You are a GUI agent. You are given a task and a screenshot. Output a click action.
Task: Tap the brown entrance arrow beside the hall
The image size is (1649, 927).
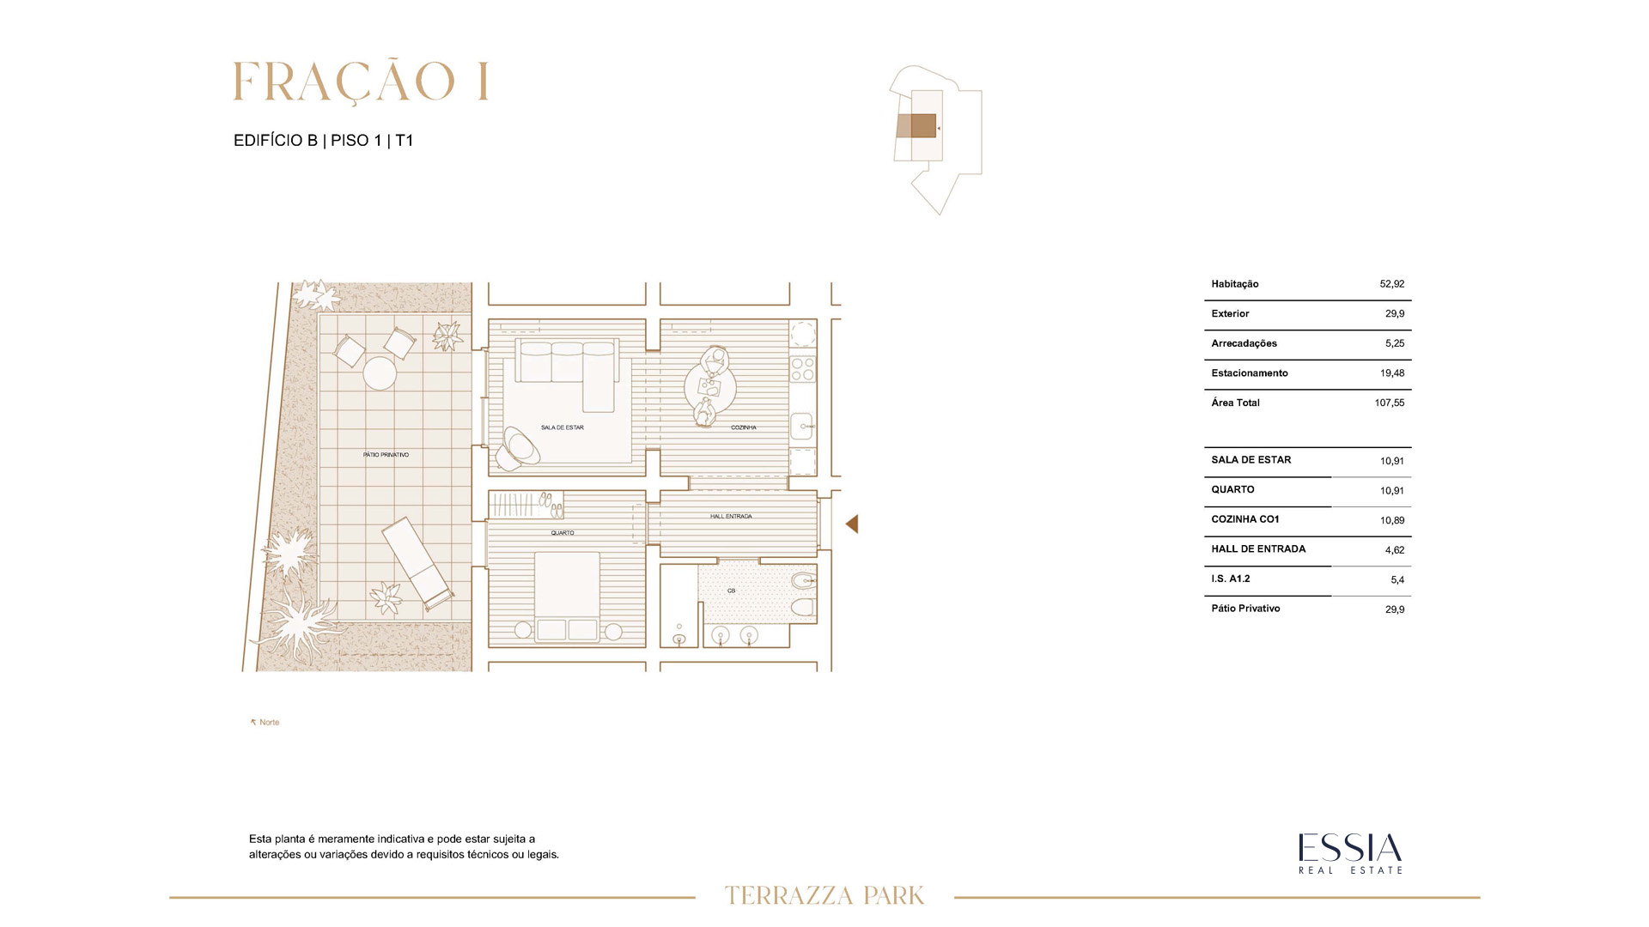852,524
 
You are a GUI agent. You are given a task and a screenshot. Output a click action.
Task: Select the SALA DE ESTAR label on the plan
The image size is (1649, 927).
563,427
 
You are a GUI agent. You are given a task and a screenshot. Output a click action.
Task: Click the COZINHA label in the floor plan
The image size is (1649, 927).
744,427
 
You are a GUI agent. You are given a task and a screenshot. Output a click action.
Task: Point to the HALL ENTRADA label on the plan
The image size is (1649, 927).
731,517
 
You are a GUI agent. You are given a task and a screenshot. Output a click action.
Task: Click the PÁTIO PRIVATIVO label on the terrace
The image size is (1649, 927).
386,455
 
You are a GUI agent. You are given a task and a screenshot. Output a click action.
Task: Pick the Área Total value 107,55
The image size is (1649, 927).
1390,403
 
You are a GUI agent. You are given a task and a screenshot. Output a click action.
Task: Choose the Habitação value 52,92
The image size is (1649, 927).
1392,283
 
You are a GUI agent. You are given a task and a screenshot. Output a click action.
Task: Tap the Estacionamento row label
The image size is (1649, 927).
1250,373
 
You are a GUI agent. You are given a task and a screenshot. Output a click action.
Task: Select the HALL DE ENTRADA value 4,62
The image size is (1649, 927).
1395,550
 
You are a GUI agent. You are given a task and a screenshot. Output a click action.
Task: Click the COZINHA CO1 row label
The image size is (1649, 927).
1245,519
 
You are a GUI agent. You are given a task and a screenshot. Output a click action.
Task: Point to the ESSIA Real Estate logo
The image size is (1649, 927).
1350,853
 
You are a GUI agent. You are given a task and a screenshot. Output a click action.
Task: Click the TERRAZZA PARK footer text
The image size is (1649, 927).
824,896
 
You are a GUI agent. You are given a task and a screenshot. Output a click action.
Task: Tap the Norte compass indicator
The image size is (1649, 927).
265,723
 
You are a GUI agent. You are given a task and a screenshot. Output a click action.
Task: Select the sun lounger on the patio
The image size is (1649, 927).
417,562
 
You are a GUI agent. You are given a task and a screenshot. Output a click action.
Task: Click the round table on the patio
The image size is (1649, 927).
380,373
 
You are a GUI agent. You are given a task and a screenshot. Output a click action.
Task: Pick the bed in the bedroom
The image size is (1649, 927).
567,597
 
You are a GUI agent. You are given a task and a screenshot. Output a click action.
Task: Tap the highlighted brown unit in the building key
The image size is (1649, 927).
923,126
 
